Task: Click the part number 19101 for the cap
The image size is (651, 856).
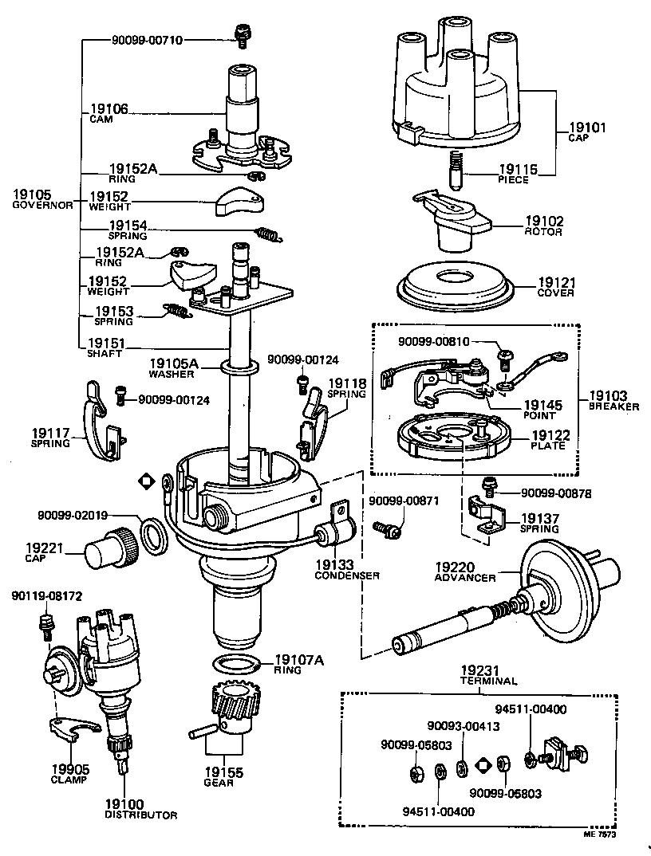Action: click(x=587, y=127)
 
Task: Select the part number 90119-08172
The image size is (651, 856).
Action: click(x=46, y=596)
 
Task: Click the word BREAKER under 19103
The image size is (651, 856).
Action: click(x=614, y=406)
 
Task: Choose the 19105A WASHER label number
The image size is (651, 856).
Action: click(x=166, y=363)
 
